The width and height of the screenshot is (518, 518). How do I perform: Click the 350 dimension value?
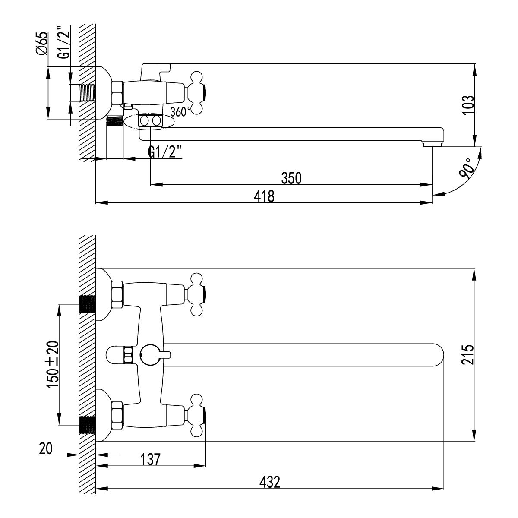[291, 177]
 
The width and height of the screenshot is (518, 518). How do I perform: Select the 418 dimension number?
[265, 196]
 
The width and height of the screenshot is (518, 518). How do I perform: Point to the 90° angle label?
[467, 168]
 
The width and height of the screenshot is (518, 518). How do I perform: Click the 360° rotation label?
[180, 111]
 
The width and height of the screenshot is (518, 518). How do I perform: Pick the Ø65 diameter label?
[42, 44]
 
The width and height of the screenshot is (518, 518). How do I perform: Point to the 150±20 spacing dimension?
[52, 365]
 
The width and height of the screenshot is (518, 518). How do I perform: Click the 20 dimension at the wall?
[45, 449]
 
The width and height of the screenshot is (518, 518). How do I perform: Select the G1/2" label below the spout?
[164, 152]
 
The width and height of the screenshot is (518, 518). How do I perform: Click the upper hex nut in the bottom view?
[117, 294]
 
